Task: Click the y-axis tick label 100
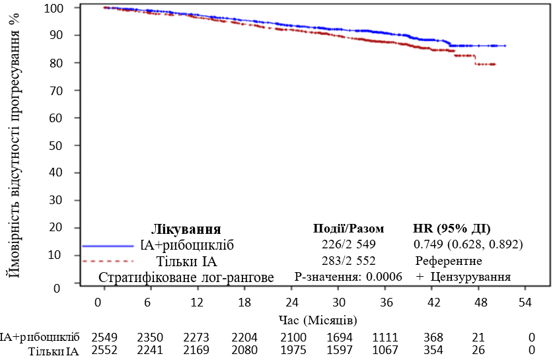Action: (x=54, y=8)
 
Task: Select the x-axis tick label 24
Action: (x=291, y=303)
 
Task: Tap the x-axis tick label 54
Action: (x=525, y=303)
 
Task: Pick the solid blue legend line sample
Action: (x=108, y=246)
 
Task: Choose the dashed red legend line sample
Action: (x=108, y=262)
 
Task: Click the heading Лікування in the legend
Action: (x=186, y=230)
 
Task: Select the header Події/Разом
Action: (x=348, y=229)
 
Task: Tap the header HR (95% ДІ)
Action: (x=451, y=229)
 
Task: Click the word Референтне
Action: (x=449, y=261)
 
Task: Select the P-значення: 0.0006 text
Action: (x=348, y=277)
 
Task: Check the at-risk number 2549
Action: (x=104, y=338)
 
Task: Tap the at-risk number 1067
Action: (x=385, y=350)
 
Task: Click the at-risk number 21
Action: (x=478, y=338)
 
